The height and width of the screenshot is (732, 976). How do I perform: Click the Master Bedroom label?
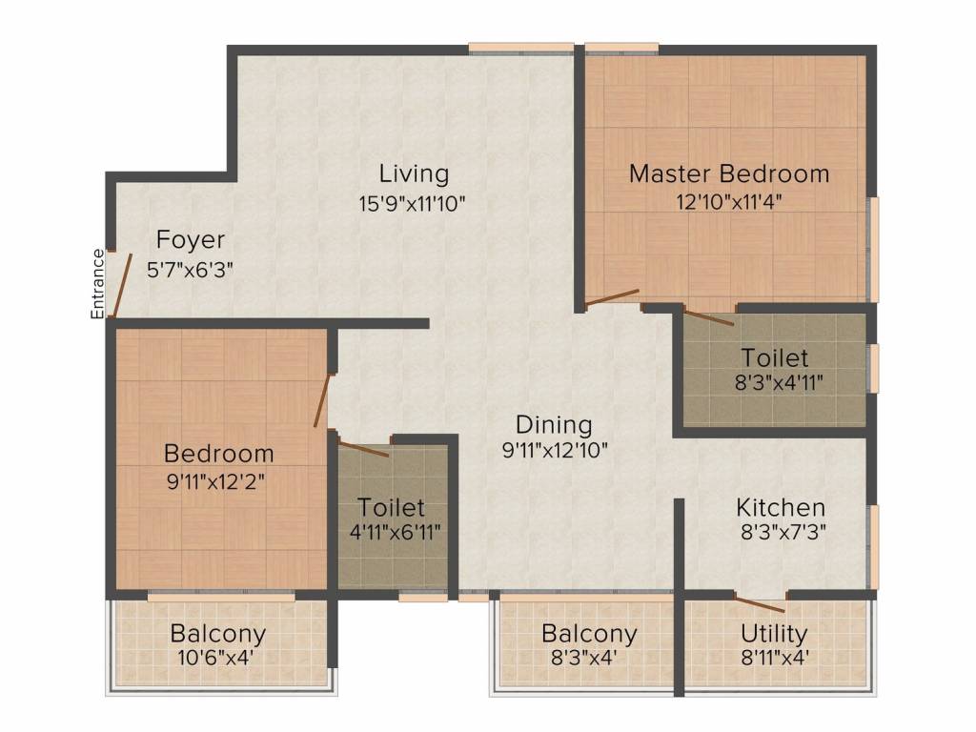tap(729, 173)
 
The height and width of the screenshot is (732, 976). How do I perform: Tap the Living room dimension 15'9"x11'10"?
tap(412, 204)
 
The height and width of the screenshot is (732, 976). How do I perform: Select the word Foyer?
tap(190, 239)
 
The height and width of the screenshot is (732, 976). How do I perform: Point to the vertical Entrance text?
tap(98, 284)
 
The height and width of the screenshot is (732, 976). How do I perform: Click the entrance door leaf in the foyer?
tap(122, 284)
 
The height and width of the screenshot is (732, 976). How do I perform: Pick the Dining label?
tap(554, 424)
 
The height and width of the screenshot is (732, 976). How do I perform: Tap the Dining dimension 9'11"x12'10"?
tap(555, 450)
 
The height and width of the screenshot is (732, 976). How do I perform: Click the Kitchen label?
tap(781, 507)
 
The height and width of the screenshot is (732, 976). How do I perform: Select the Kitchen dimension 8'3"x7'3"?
tap(783, 533)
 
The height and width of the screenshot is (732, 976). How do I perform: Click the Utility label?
tap(774, 633)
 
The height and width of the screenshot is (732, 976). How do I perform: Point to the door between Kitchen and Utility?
tap(759, 603)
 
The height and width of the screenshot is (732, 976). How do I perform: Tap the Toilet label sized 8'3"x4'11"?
tap(774, 358)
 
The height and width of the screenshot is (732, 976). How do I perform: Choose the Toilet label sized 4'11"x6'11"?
tap(392, 507)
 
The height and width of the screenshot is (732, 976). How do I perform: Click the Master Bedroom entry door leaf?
tap(613, 297)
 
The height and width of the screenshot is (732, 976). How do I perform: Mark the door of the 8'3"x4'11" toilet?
tap(709, 316)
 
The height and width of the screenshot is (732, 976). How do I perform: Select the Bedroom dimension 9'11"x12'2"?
tap(216, 481)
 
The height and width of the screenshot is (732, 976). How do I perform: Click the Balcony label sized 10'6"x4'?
tap(218, 633)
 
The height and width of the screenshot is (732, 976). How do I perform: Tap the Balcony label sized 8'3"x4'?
tap(589, 633)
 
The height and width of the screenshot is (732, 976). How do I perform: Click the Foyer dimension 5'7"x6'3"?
tap(190, 270)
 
